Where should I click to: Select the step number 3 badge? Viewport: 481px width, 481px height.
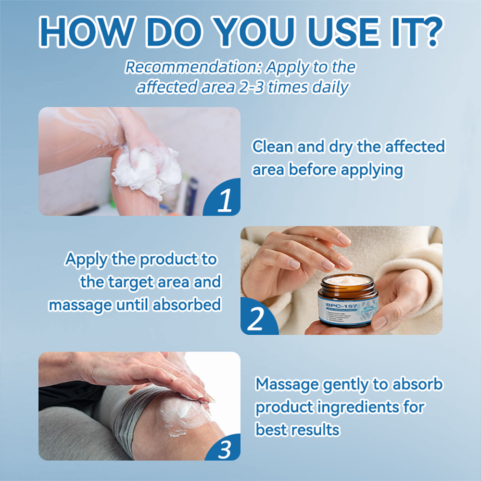[224, 449]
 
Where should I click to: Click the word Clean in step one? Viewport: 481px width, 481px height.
[273, 147]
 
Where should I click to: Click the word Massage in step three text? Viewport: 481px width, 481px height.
[287, 384]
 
